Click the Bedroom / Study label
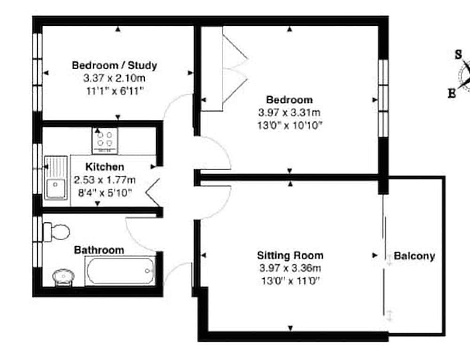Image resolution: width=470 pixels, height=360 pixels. pos(114,65)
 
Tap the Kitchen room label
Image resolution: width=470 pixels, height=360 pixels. pos(105,167)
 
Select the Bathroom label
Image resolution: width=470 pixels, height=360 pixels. pos(99,250)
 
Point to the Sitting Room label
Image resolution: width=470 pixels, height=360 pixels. pos(290,256)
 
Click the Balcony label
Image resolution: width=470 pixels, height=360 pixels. pos(414,256)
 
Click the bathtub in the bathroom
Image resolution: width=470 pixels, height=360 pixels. pos(120,271)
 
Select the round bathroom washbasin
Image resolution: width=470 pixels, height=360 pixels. pos(62,275)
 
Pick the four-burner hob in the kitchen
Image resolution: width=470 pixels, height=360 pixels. pos(105,139)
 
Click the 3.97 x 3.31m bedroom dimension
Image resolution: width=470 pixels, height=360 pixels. pos(290,113)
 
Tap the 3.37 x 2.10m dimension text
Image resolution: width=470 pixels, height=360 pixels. pos(114,78)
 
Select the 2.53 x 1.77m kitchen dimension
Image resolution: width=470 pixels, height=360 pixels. pos(105,179)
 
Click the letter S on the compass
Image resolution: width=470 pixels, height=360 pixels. pos(458,55)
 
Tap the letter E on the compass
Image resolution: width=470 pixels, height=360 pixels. pos(452,94)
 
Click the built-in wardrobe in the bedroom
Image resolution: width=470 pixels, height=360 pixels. pos(211,69)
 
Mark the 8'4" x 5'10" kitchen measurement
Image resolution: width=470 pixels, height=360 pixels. pos(105,192)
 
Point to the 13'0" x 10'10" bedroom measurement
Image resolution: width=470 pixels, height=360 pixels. pos(290,125)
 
